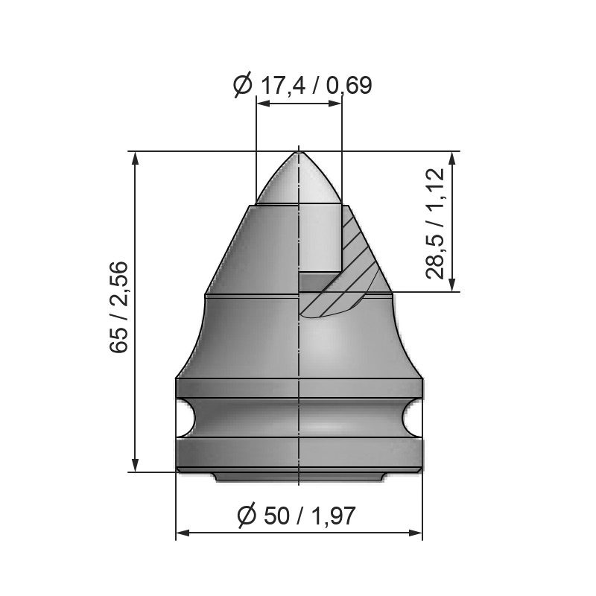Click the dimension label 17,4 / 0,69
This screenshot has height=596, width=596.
click(315, 86)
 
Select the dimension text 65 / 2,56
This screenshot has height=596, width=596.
click(118, 307)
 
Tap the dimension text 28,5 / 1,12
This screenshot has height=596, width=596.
click(435, 223)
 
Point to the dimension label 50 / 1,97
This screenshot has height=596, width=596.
click(309, 516)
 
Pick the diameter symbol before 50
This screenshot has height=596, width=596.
click(247, 516)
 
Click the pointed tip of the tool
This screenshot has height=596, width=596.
click(299, 152)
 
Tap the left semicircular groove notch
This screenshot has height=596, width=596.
click(186, 418)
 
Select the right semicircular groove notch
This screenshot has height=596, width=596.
click(412, 418)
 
